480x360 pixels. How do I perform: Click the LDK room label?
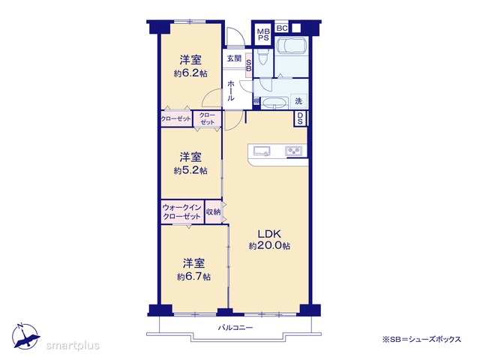(x=269, y=234)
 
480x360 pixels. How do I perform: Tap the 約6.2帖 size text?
(x=190, y=73)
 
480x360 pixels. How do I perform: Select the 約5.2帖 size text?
(x=190, y=170)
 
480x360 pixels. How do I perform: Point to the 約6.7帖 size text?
(x=193, y=277)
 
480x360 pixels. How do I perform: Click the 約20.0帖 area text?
(x=269, y=246)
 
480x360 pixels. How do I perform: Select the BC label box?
(x=282, y=28)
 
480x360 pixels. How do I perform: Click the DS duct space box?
(x=300, y=118)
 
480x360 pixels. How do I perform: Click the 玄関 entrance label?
(x=234, y=58)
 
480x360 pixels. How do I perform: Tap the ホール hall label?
(x=231, y=90)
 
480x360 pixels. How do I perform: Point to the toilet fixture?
(x=263, y=57)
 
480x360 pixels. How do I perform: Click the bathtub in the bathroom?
(x=292, y=46)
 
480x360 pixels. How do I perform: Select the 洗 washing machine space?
(x=298, y=101)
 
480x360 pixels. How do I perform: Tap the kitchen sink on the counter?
(x=262, y=151)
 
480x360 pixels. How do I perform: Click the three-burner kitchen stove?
(x=293, y=151)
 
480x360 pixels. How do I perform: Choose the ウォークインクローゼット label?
(x=181, y=211)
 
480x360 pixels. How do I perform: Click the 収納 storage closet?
(x=213, y=211)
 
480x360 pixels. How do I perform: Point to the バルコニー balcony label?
(x=235, y=328)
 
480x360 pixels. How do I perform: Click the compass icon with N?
(x=25, y=336)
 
